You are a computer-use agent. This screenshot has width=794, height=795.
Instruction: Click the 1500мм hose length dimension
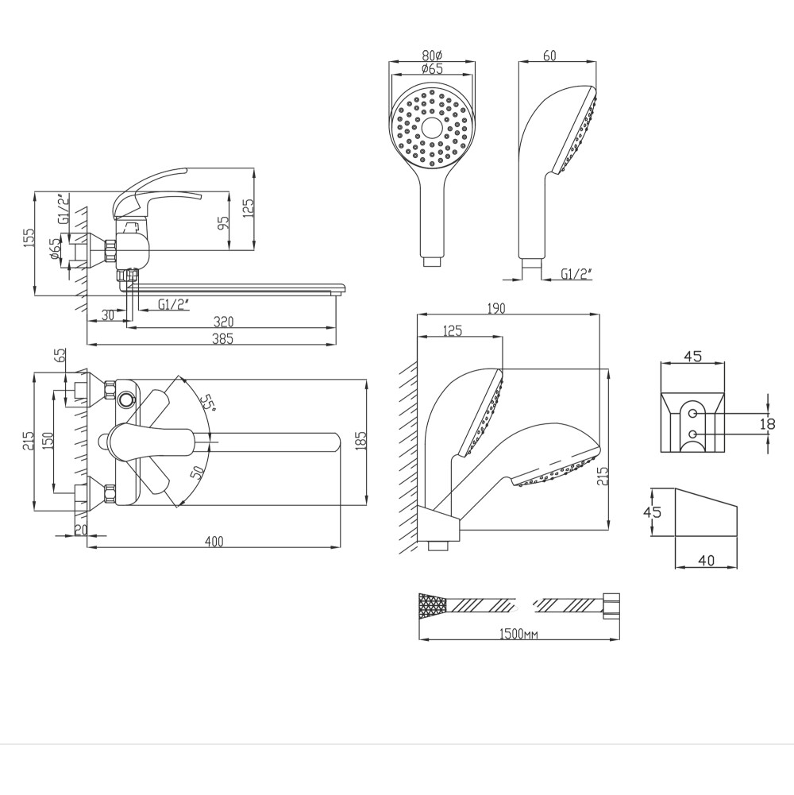(518, 635)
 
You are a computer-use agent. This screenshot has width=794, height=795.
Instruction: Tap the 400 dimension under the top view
(214, 542)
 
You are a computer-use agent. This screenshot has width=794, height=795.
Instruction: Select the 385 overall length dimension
(222, 338)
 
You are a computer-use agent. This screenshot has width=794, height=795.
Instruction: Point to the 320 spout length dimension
(223, 322)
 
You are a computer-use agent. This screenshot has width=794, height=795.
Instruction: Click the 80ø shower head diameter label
(433, 54)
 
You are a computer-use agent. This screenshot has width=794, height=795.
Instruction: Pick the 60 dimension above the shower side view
(549, 55)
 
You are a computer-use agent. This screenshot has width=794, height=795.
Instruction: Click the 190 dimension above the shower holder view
(495, 308)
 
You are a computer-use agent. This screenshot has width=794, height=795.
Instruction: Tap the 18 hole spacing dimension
(768, 423)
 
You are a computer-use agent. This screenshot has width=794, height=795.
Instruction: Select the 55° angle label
(206, 402)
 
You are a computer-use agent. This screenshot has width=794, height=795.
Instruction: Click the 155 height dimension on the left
(29, 237)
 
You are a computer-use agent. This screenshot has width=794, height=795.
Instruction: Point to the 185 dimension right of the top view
(360, 441)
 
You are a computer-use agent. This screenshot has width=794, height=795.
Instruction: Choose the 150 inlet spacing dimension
(47, 440)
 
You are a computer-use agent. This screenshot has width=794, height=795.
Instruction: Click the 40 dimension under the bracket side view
(707, 560)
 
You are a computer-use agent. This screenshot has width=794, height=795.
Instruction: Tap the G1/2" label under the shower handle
(576, 274)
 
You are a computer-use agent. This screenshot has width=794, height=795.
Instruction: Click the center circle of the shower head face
(431, 127)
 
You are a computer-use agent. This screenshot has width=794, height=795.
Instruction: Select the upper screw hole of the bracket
(693, 414)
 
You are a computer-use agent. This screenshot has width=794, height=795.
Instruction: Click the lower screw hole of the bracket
(693, 434)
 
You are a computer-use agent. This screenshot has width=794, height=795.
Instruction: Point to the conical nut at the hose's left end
(433, 606)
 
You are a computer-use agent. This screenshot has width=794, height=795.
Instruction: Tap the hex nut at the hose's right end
(611, 606)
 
